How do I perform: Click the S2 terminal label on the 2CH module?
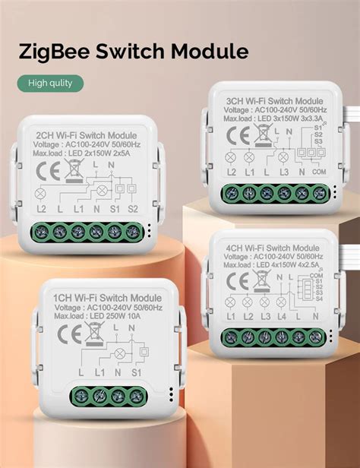pos(134,207)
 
